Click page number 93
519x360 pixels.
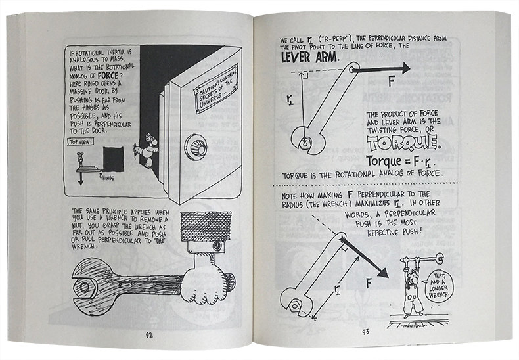click(x=365, y=330)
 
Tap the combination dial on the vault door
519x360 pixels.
click(x=195, y=147)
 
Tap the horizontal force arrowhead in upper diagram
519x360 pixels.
click(x=402, y=68)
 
